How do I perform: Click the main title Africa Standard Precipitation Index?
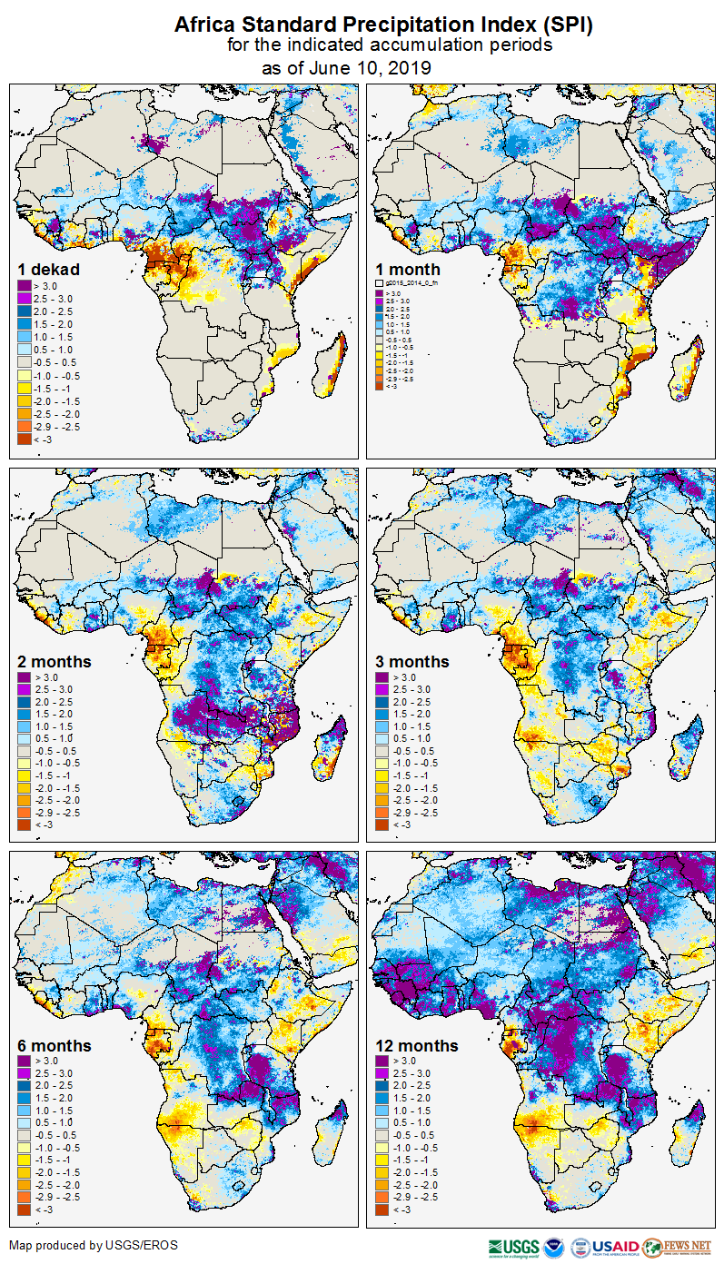coord(382,25)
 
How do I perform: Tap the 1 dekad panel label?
coord(49,269)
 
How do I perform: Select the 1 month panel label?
coord(408,270)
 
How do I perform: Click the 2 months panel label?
coord(55,661)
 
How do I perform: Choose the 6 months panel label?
coord(55,1046)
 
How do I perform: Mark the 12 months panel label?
coord(418,1046)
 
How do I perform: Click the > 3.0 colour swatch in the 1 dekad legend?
coord(23,286)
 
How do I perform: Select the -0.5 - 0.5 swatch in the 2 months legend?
coord(23,751)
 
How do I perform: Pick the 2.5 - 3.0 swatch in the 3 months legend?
coord(382,690)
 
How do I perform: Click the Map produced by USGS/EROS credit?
coord(94,1245)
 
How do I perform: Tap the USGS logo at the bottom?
coord(514,1247)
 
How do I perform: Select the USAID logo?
coord(615,1247)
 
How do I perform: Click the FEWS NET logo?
coord(677,1247)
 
